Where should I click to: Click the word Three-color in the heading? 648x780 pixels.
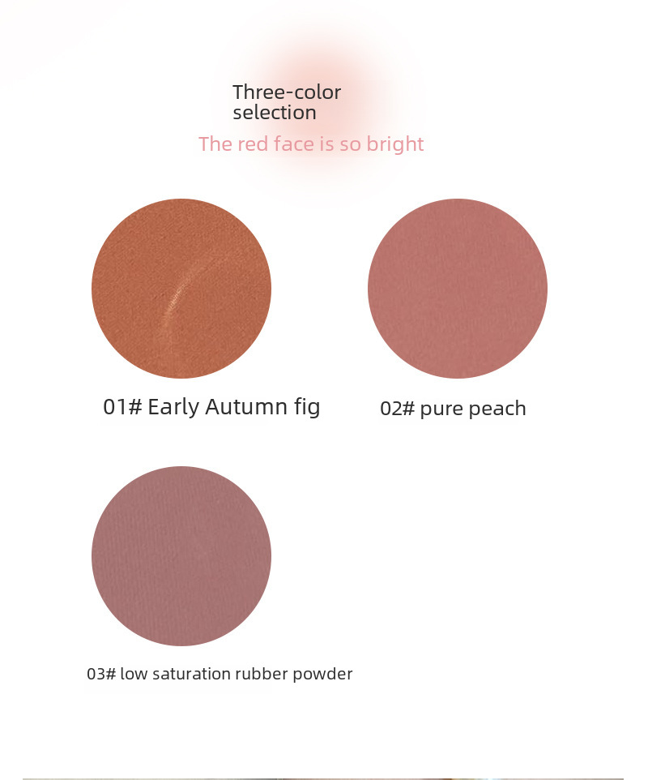287,92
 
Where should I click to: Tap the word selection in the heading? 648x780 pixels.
275,113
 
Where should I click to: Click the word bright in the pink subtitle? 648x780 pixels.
395,145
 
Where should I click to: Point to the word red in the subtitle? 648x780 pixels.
254,144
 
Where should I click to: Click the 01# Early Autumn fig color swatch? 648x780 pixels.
181,289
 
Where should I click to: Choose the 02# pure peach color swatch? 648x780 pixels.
458,289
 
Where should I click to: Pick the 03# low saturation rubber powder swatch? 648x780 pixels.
181,556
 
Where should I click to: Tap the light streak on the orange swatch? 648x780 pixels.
179,294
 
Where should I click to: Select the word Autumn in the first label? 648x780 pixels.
246,407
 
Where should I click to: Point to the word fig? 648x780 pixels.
307,408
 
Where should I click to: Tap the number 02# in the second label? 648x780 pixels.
397,409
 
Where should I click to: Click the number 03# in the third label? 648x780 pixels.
101,674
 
